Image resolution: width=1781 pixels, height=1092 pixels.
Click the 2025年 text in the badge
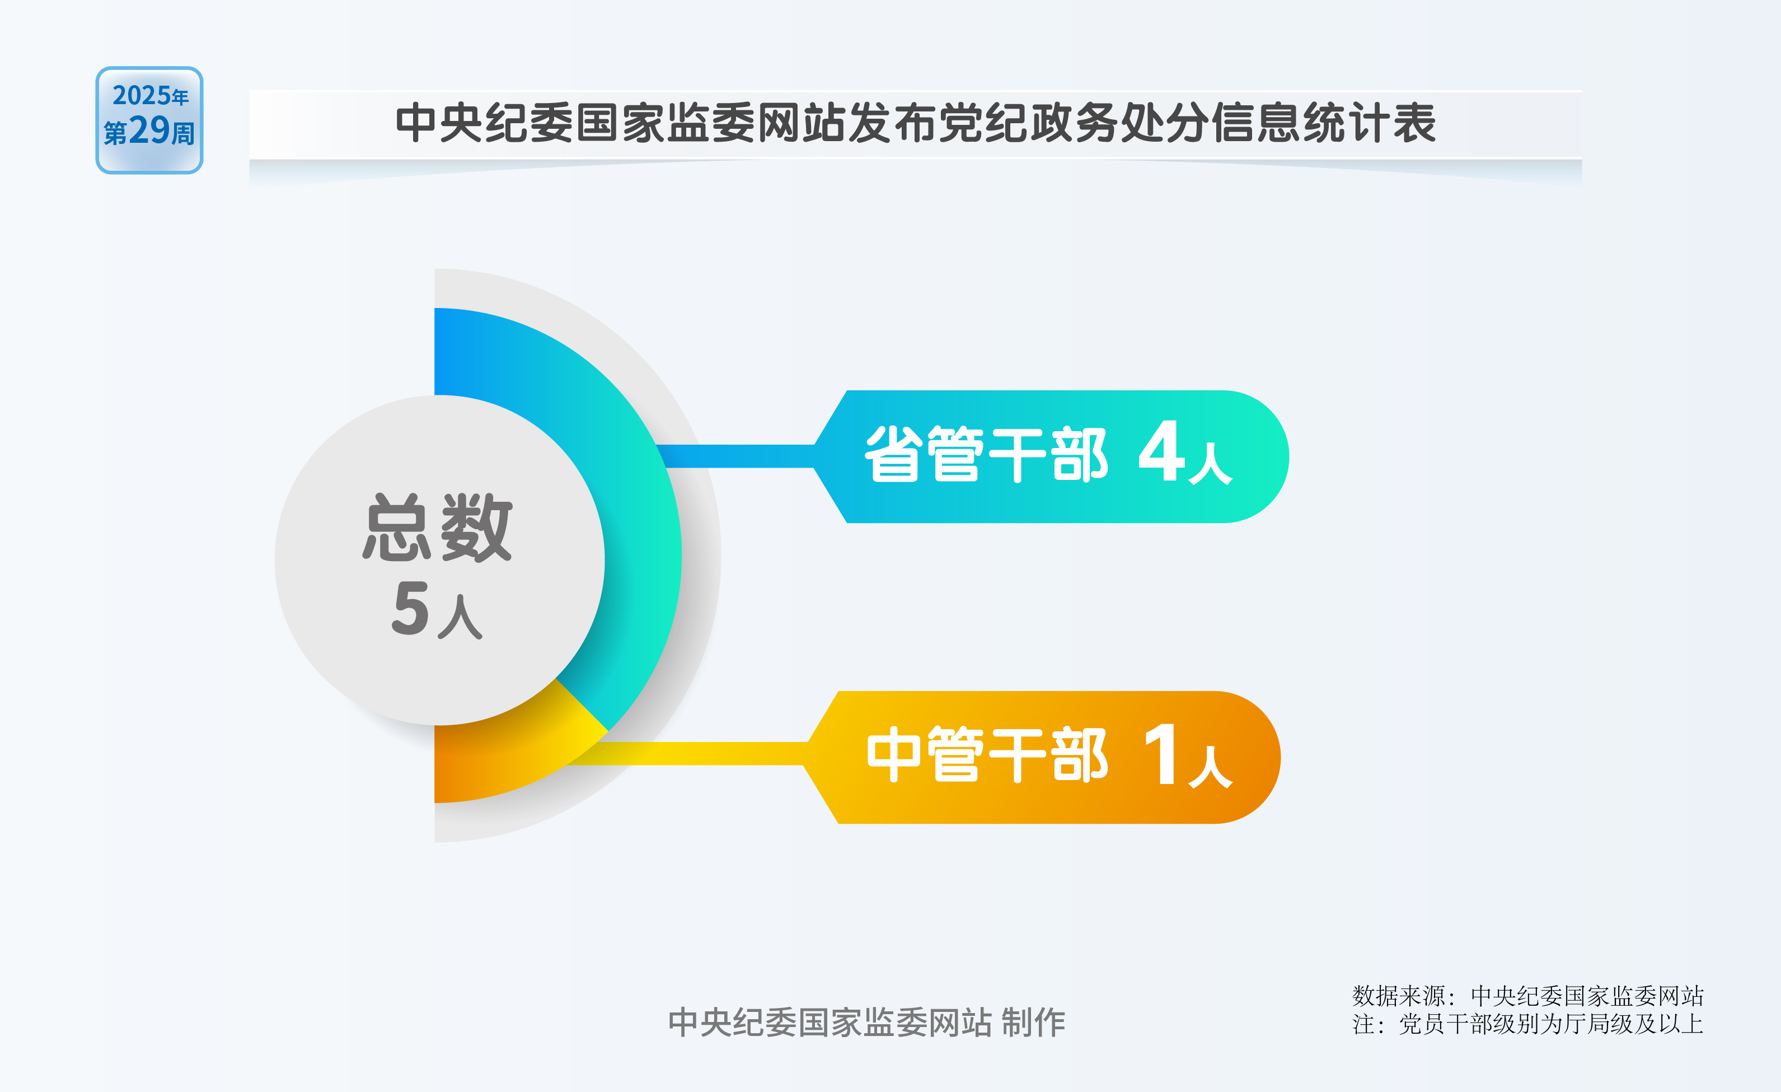tap(151, 95)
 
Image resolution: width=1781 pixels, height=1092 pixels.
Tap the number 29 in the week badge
tap(149, 130)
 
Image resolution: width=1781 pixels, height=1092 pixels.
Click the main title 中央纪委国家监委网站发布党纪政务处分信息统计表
tap(915, 123)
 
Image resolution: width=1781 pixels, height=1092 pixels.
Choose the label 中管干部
tap(987, 754)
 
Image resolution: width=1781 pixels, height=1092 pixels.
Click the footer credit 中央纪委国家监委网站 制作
tap(866, 1023)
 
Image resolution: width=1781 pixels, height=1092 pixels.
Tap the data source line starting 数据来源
tap(1528, 996)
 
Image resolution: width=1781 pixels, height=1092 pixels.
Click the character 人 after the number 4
tap(1211, 463)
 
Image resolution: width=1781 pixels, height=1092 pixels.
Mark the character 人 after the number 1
tap(1211, 767)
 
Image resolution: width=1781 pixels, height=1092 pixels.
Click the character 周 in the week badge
tap(183, 134)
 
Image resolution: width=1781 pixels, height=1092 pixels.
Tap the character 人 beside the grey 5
tap(460, 617)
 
